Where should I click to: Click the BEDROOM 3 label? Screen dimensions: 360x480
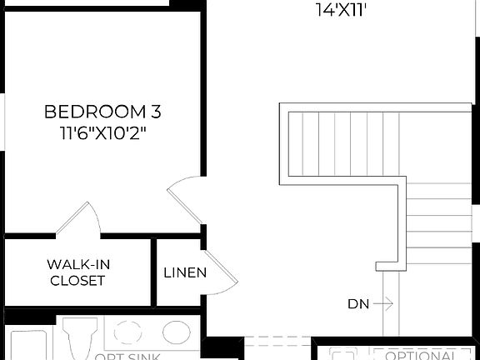101,112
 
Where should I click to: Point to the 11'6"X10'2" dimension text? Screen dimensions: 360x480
102,132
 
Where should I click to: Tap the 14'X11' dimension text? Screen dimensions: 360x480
342,10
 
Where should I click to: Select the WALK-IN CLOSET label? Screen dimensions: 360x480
77,272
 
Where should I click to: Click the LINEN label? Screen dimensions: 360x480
185,272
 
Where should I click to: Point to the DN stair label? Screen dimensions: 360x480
358,304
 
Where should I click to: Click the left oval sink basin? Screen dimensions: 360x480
127,332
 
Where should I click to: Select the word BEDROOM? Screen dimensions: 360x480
91,112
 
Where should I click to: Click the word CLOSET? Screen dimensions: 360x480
77,281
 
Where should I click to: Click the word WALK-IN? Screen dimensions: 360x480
77,264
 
